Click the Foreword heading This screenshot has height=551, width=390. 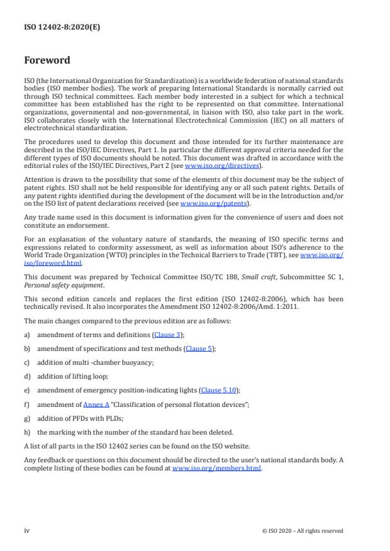47,60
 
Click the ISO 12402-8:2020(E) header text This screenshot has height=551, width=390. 53,28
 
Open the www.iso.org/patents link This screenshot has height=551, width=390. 206,203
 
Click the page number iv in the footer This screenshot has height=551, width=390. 27,530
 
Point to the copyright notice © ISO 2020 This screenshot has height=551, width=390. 303,530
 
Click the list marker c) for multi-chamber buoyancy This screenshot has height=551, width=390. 27,362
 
